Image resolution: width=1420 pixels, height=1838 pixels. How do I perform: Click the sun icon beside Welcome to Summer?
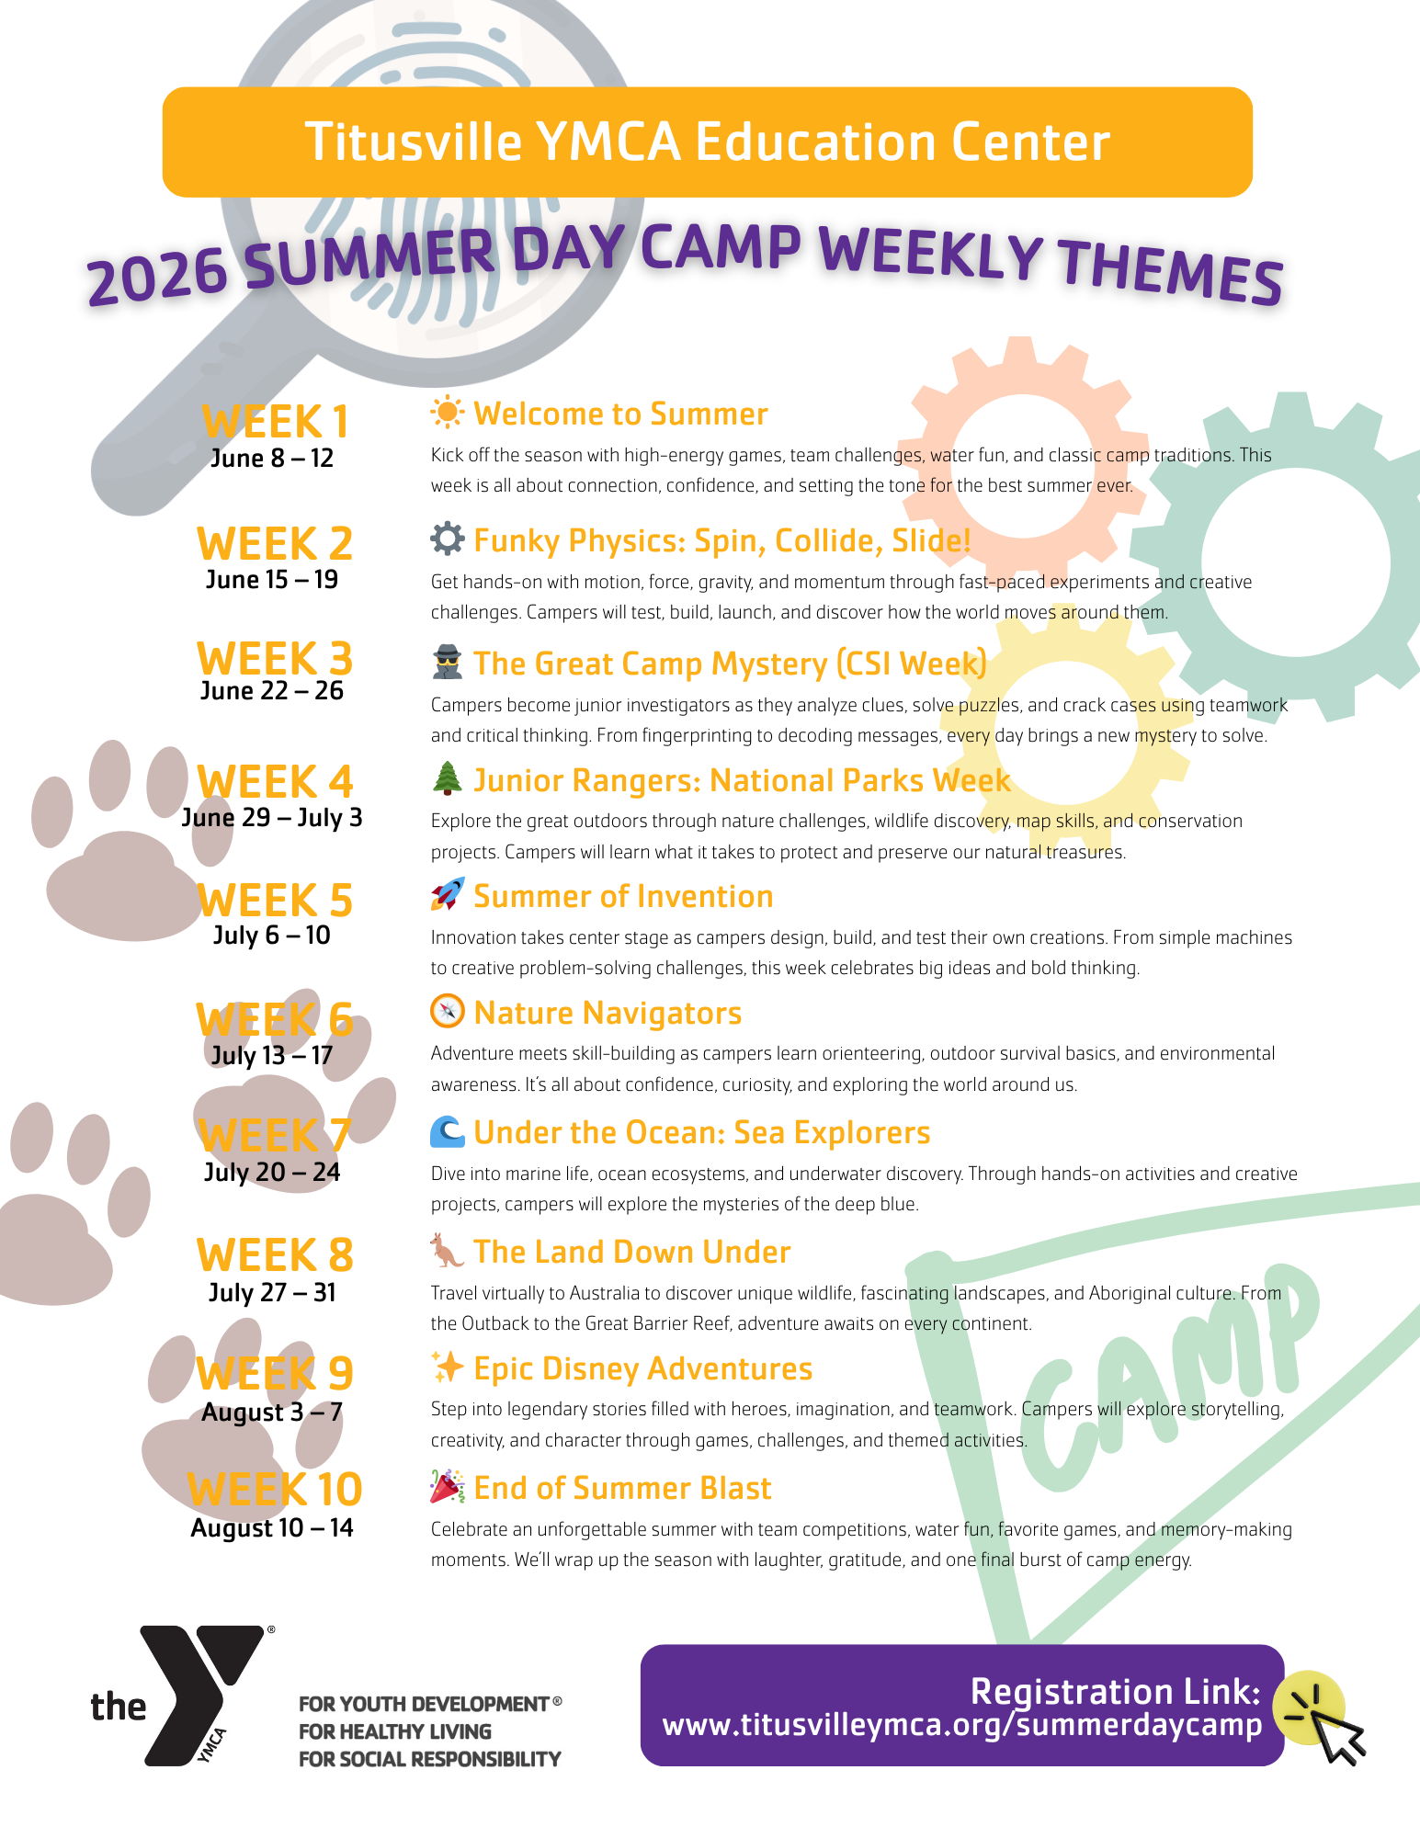(447, 413)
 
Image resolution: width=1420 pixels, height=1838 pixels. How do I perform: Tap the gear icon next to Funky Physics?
(447, 539)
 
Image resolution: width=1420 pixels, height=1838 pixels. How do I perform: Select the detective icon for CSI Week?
(447, 663)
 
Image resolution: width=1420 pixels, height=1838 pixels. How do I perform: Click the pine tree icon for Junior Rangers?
(447, 778)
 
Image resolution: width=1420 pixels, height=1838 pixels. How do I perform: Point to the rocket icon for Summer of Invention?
(447, 894)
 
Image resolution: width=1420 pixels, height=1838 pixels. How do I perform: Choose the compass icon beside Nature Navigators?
(447, 1011)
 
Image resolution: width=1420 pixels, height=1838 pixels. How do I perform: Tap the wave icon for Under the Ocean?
(447, 1131)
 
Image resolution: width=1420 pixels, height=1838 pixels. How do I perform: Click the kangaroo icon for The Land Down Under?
(447, 1251)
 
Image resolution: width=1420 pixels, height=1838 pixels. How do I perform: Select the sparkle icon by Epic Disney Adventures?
(447, 1367)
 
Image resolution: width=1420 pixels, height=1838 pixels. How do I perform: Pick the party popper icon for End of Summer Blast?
(447, 1487)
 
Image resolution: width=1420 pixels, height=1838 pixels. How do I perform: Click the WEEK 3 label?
(275, 660)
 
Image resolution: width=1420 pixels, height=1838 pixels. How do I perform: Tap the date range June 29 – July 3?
(272, 817)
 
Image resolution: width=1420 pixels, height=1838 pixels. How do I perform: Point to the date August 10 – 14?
(272, 1527)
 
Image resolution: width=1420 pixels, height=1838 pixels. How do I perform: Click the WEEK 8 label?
(275, 1256)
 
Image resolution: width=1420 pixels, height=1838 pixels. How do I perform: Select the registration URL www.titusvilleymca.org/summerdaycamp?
(962, 1725)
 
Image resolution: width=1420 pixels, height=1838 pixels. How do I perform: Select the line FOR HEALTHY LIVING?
(395, 1731)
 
